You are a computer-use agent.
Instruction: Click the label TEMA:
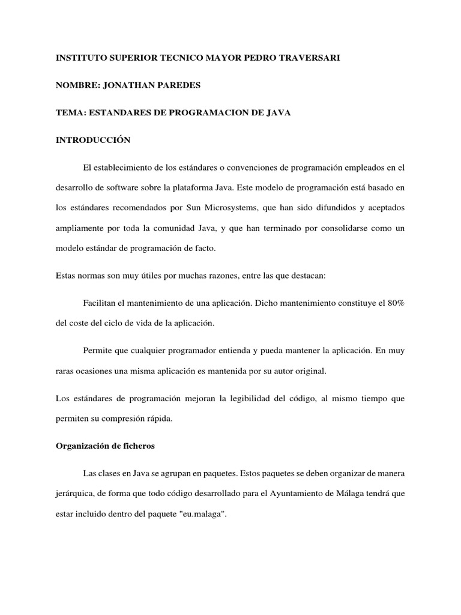68,113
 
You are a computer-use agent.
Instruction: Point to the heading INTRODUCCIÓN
93,141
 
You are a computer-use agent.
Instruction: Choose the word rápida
158,419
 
